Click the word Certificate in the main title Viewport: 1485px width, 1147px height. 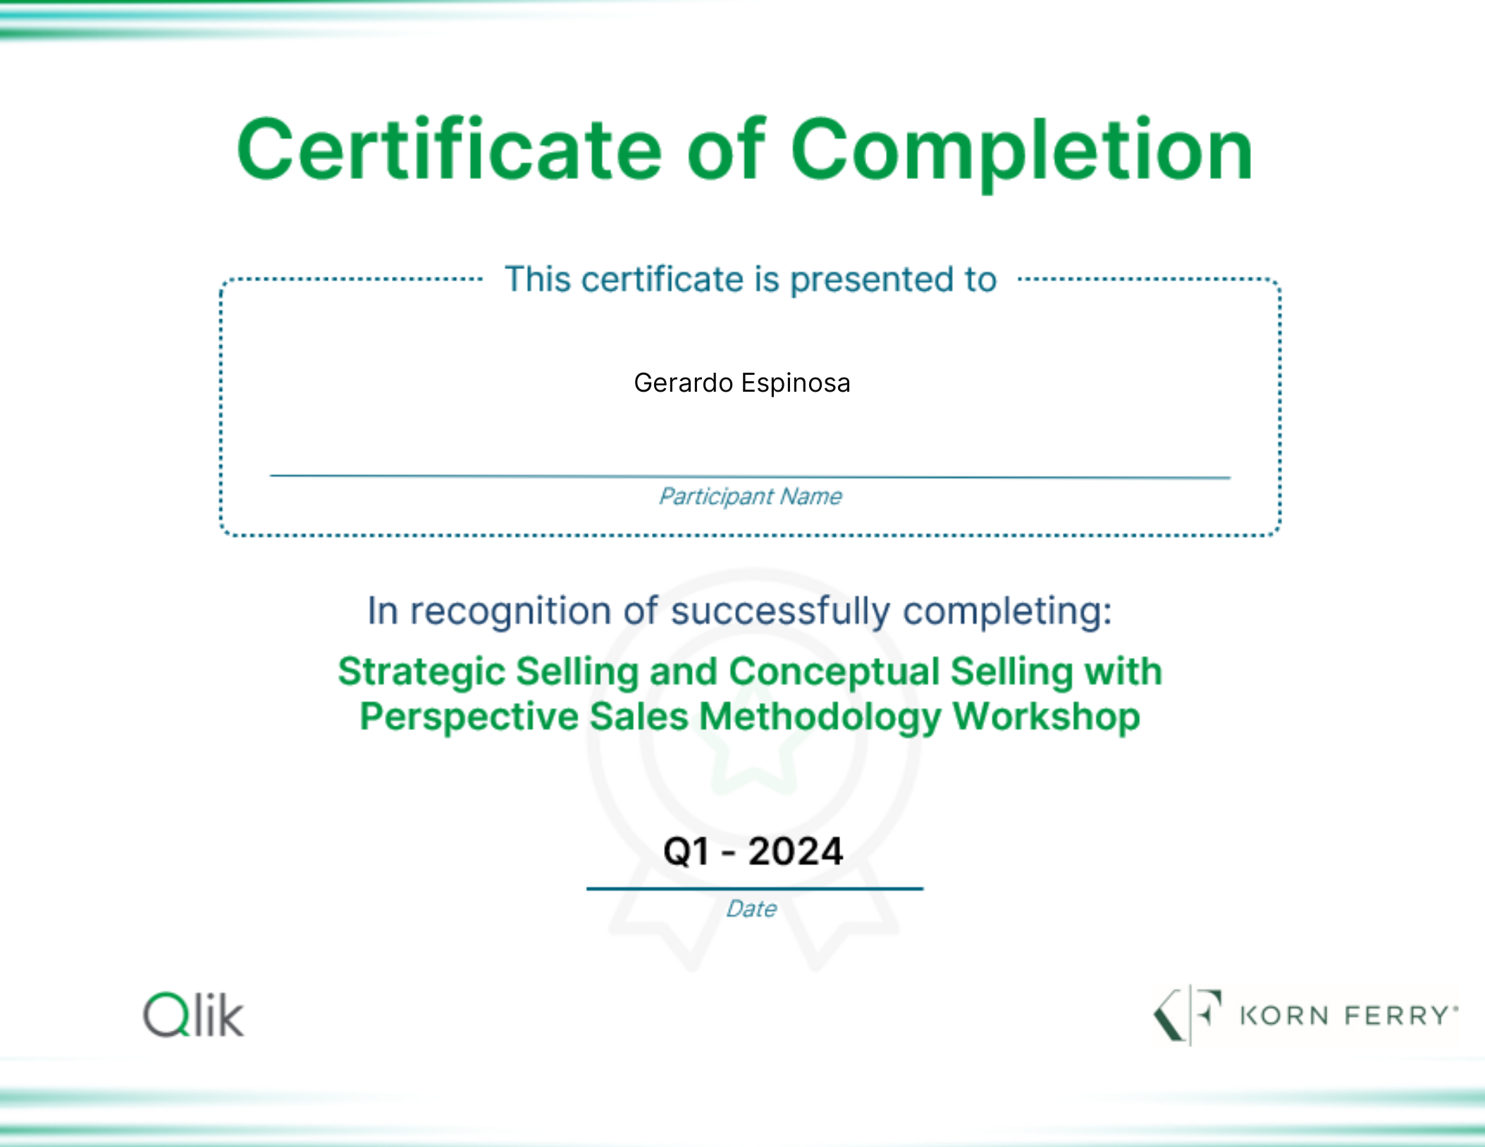[x=449, y=149]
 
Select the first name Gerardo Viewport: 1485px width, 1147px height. [x=683, y=383]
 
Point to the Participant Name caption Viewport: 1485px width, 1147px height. [x=750, y=497]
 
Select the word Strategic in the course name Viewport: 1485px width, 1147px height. [x=421, y=672]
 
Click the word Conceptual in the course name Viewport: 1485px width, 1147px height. [x=834, y=672]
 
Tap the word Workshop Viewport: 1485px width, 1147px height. [x=1046, y=717]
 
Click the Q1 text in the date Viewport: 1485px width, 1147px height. [x=686, y=851]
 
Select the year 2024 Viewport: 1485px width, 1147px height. [x=796, y=851]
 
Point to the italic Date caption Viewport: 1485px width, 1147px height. [x=751, y=909]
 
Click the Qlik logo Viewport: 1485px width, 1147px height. [x=194, y=1015]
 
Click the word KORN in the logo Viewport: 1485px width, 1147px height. [x=1284, y=1015]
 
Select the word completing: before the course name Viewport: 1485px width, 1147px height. [x=1007, y=612]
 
